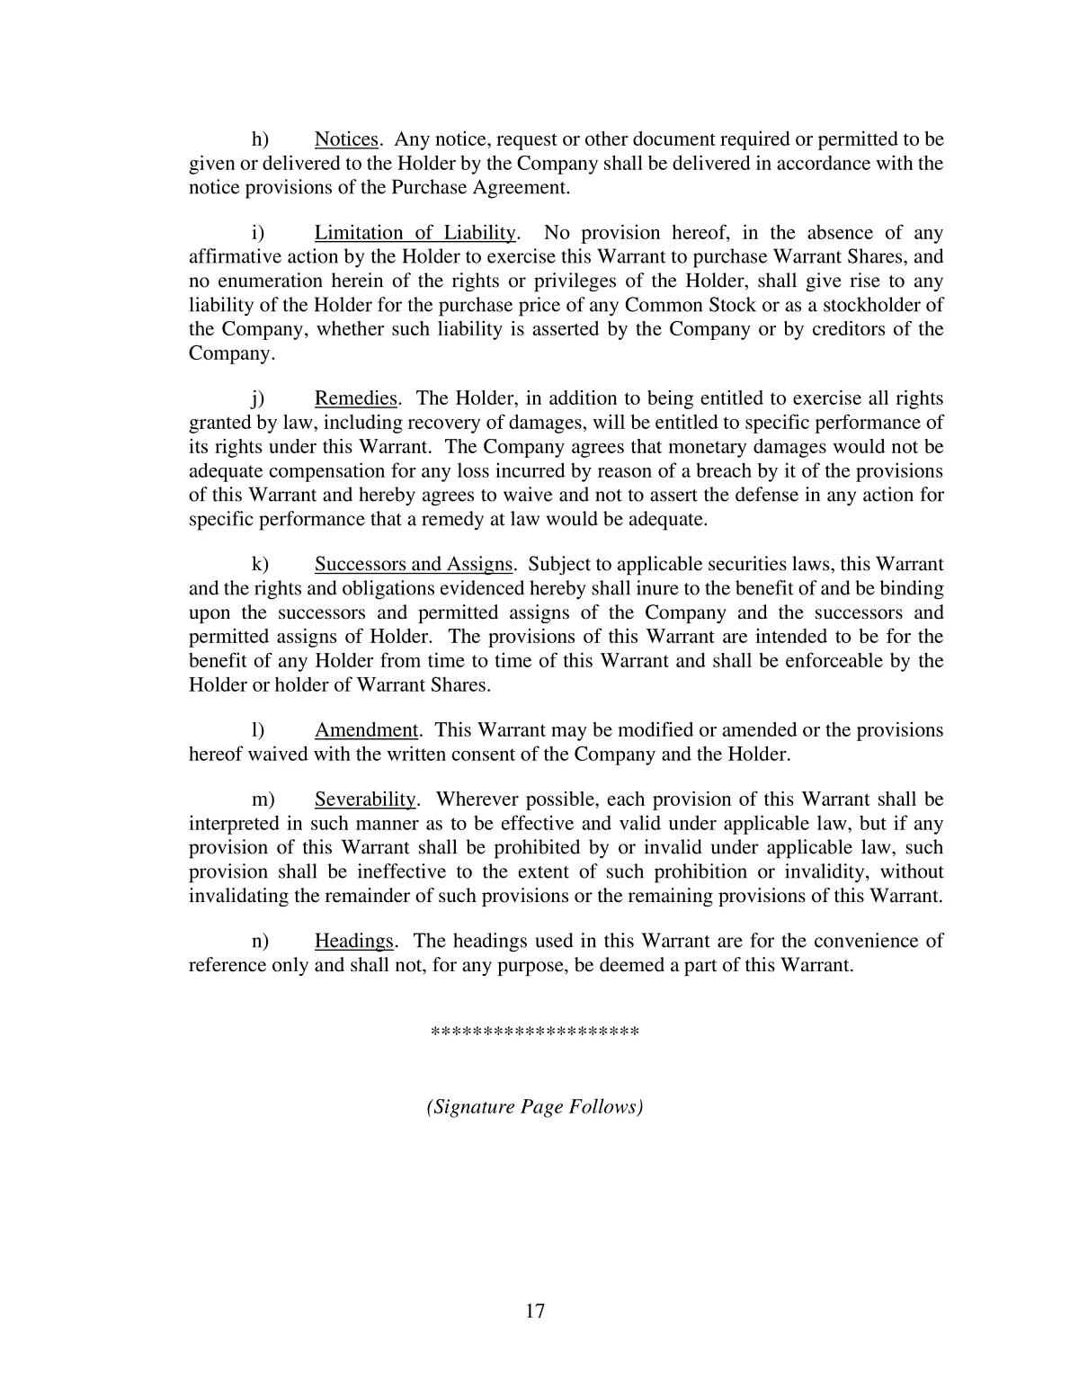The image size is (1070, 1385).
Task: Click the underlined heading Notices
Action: (x=345, y=139)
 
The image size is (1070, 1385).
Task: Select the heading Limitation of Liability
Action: (x=415, y=234)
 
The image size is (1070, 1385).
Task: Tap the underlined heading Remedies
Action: (x=355, y=398)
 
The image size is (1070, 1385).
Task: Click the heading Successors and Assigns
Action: (x=413, y=565)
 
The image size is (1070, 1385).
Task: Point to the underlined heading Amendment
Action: (x=366, y=730)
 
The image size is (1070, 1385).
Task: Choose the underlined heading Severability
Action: (x=364, y=800)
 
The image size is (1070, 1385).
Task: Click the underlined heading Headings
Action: (x=353, y=942)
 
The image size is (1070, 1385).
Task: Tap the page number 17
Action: (x=535, y=1311)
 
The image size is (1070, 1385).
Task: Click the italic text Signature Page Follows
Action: (x=535, y=1107)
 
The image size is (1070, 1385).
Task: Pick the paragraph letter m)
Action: (x=262, y=800)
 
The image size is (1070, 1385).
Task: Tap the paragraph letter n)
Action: (x=260, y=942)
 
